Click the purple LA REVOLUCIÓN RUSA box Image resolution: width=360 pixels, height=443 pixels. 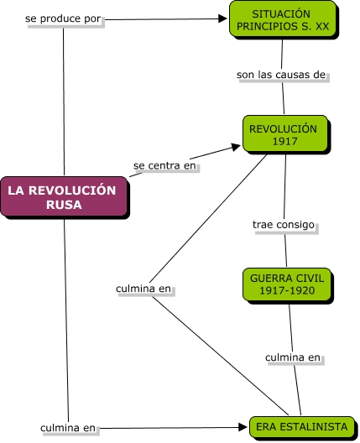[65, 197]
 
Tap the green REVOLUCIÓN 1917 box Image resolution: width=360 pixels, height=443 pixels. [284, 136]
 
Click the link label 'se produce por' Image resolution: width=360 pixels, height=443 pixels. [64, 18]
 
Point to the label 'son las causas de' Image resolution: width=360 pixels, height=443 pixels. [281, 75]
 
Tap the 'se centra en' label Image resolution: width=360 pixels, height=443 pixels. [165, 166]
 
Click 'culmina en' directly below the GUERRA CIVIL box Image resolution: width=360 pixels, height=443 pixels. [293, 357]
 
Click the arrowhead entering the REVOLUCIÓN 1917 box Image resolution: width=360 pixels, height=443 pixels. [235, 146]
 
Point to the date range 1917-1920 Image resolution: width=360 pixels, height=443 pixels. [286, 291]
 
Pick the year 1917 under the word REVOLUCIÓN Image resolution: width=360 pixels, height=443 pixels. [284, 142]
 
